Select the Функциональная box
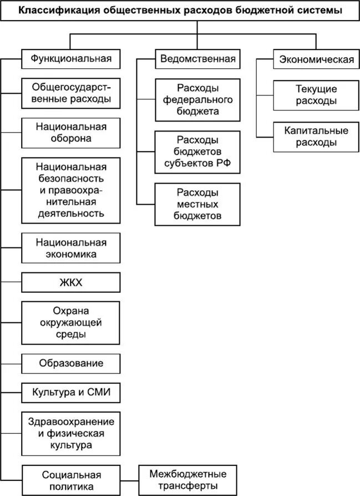[x=70, y=58]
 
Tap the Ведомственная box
[x=198, y=58]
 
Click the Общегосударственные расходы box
[x=70, y=93]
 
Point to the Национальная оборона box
[x=70, y=133]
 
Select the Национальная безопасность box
[x=70, y=190]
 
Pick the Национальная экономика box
[x=70, y=248]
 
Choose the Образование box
[x=70, y=364]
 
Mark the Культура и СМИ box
[x=70, y=393]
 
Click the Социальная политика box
[x=70, y=480]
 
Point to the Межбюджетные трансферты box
[x=188, y=480]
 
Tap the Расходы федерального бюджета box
[x=198, y=100]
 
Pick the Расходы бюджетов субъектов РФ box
[x=198, y=151]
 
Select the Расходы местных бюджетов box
[x=198, y=204]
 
